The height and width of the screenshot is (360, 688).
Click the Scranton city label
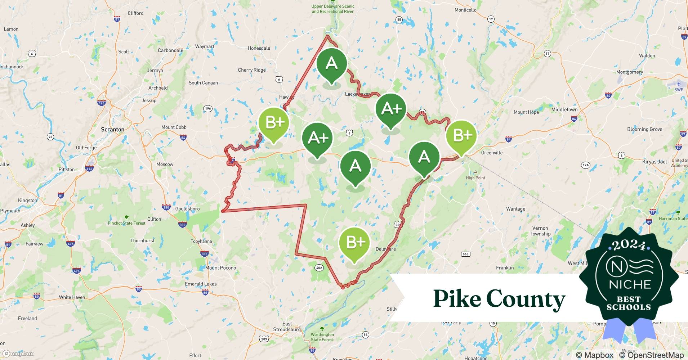pos(112,130)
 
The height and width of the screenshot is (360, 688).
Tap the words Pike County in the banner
pos(499,299)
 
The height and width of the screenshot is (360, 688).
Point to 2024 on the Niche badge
pos(629,245)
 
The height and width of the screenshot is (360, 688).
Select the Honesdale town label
pos(259,48)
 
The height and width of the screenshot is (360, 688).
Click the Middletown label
pos(564,110)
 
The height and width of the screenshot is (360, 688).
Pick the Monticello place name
pos(465,10)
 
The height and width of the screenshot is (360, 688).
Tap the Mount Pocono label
pos(220,268)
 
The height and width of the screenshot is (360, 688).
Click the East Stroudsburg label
pos(287,327)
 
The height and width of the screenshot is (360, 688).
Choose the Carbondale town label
pos(170,50)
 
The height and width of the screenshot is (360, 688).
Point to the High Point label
pos(475,178)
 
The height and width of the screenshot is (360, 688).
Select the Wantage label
pos(515,209)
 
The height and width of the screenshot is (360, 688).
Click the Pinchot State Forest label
pos(126,223)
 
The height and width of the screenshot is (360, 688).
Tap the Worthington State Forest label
pos(322,337)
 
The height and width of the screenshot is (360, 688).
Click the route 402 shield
pos(319,268)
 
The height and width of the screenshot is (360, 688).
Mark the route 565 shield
pos(465,254)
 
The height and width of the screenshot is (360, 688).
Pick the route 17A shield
pos(585,165)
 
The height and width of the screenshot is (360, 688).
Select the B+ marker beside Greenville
pos(461,136)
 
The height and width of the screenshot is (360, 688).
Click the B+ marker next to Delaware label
pos(354,243)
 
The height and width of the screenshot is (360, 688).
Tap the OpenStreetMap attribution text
pos(651,355)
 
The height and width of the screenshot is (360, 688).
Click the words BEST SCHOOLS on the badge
pos(629,303)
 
